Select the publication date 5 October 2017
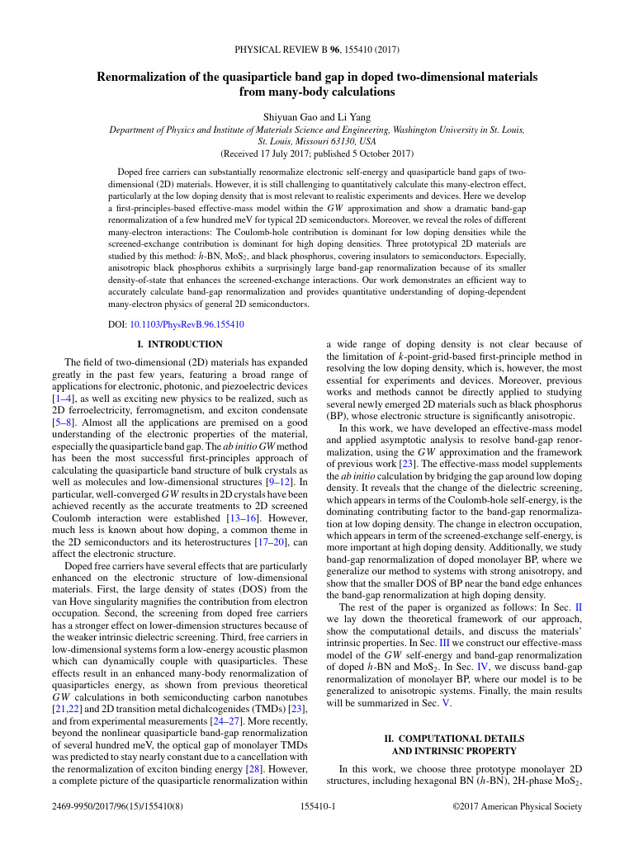376,153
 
